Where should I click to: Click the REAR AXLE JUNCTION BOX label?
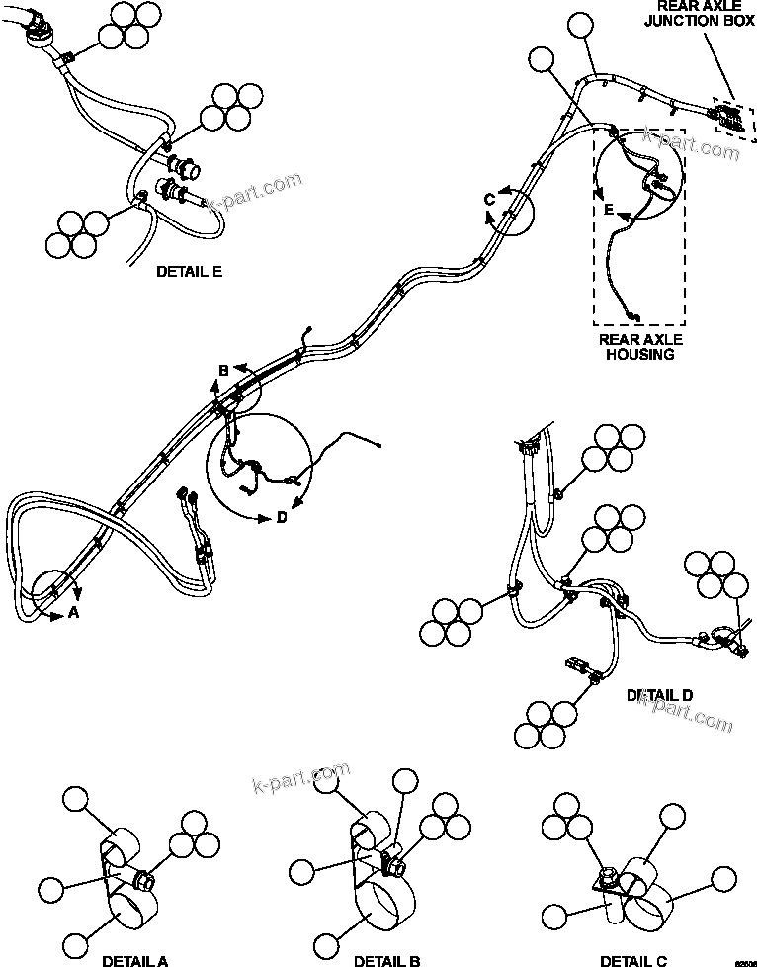click(692, 17)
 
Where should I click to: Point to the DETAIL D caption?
click(659, 696)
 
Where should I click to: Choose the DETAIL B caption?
click(387, 960)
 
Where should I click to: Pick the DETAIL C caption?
click(633, 960)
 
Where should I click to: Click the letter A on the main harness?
click(72, 613)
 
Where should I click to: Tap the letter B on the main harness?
click(224, 371)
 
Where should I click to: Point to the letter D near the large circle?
click(281, 516)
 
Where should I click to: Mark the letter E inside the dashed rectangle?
click(609, 210)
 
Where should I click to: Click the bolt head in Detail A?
click(142, 878)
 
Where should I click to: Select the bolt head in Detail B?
click(395, 868)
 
